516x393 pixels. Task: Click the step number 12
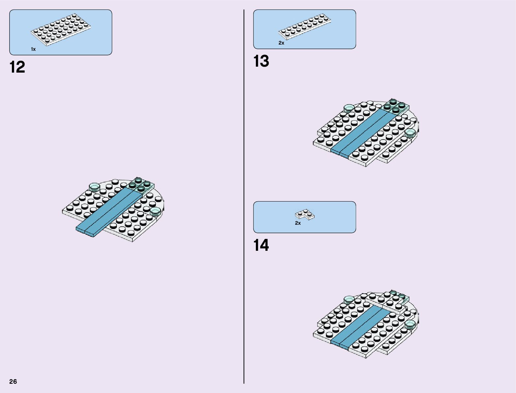tap(17, 67)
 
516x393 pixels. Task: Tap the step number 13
tap(261, 61)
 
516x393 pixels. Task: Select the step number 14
tap(261, 246)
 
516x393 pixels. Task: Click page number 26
tap(13, 381)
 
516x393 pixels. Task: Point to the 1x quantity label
tap(33, 49)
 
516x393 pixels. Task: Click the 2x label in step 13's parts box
tap(281, 43)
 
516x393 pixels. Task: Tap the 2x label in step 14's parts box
tap(298, 223)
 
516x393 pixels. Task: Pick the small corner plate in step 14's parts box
tap(304, 215)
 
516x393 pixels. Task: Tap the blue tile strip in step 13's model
tap(361, 133)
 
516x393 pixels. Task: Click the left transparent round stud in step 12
tap(94, 187)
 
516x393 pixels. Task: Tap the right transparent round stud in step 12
tap(155, 212)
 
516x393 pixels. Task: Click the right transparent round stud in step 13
tap(410, 133)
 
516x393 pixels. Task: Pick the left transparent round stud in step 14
tap(349, 300)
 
